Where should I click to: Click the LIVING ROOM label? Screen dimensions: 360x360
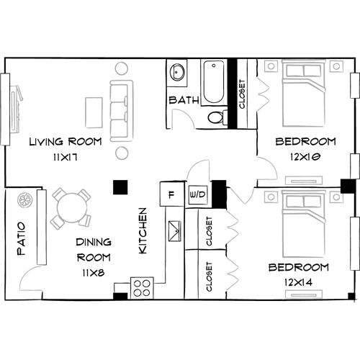(65, 141)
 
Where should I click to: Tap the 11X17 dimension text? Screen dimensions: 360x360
(65, 156)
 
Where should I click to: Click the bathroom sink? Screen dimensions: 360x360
(178, 72)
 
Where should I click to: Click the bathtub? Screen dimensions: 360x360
(214, 82)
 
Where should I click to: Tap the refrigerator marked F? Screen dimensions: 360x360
(171, 194)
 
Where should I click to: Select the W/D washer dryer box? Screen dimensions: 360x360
(196, 194)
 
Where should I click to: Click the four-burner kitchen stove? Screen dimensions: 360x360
(142, 287)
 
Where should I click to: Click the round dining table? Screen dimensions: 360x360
(71, 208)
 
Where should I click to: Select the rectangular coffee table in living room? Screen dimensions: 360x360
(94, 112)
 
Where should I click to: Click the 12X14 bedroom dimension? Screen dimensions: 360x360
(298, 282)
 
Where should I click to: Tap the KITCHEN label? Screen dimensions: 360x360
(143, 230)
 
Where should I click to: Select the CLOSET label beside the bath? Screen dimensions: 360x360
(242, 94)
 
